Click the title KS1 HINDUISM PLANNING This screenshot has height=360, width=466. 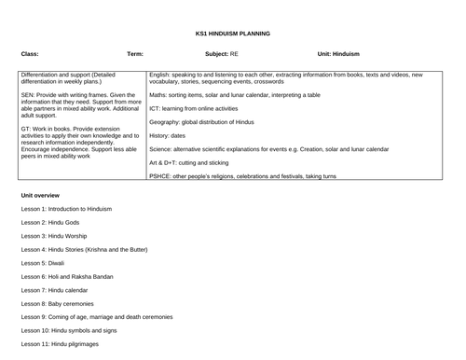pos(232,34)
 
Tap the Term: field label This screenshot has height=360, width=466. pos(135,54)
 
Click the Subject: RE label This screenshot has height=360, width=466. pos(221,54)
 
